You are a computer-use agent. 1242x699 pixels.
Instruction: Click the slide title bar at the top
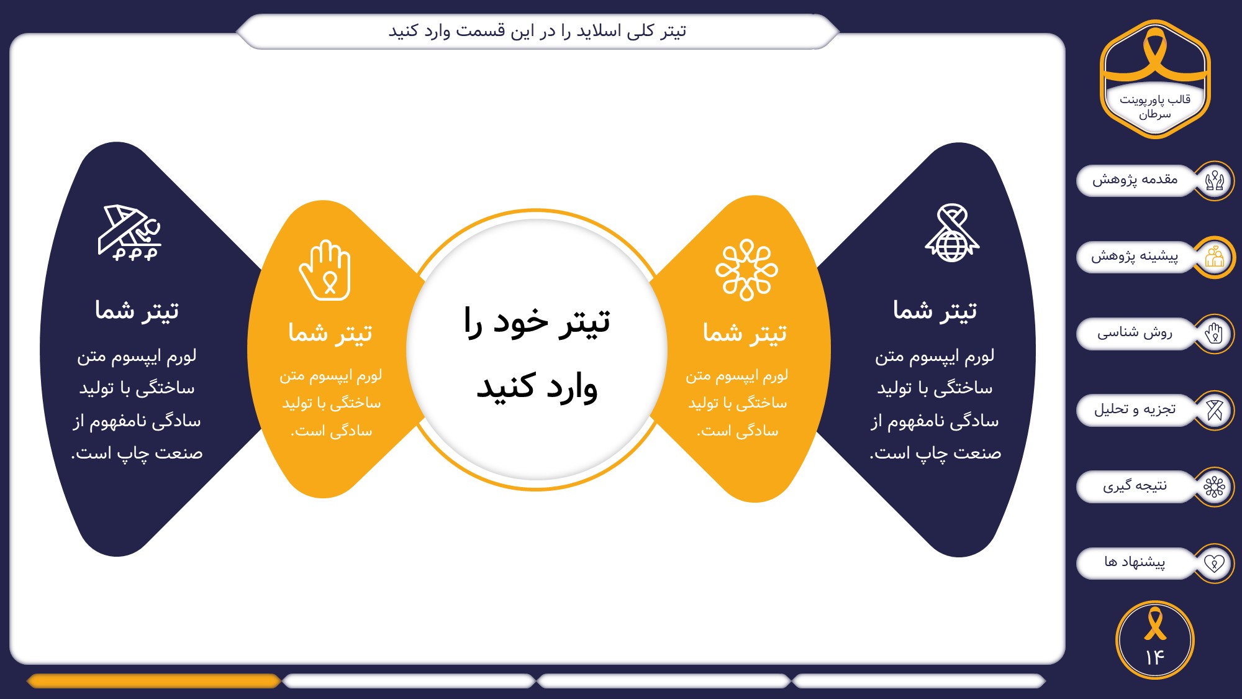tap(538, 31)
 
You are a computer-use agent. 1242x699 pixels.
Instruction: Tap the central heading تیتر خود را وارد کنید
tap(537, 354)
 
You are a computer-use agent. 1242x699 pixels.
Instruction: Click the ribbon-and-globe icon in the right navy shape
tap(952, 233)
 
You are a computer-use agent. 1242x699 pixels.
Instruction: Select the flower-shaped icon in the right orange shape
tap(746, 270)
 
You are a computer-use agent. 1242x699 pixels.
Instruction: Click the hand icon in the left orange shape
tap(325, 270)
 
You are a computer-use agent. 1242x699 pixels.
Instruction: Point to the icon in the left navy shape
tap(129, 232)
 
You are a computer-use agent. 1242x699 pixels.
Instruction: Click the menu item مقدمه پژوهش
tap(1135, 180)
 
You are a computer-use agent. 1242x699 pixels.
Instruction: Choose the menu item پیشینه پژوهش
tap(1135, 257)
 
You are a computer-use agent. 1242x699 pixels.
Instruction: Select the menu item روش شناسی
tap(1135, 333)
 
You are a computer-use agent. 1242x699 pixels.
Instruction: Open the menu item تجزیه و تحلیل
tap(1135, 409)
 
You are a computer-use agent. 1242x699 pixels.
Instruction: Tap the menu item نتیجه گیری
tap(1135, 486)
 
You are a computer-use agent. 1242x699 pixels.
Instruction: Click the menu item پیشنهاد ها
tap(1135, 562)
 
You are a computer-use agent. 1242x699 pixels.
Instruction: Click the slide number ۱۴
tap(1154, 657)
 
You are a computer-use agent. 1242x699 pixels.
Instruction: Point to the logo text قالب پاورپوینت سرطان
tap(1155, 106)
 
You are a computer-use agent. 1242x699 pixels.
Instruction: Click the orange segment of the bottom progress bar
tap(154, 681)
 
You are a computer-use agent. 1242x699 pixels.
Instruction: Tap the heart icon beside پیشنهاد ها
tap(1214, 563)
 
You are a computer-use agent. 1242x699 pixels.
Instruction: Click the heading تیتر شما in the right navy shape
tap(935, 310)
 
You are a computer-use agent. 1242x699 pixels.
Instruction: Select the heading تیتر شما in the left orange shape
tap(330, 333)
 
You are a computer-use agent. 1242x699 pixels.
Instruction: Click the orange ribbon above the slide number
tap(1155, 624)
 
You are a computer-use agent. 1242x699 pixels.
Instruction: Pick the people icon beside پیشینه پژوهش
tap(1214, 257)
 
